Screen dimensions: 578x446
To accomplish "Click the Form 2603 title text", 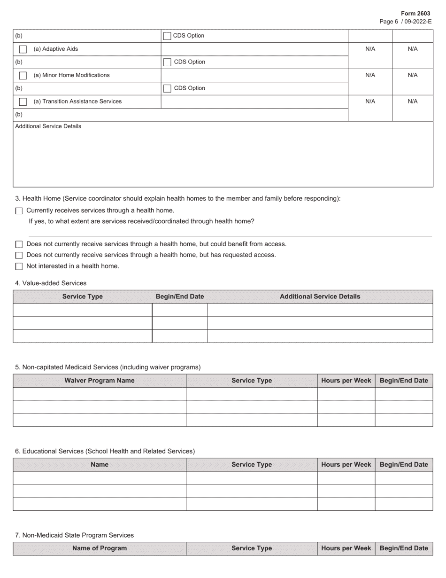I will [415, 14].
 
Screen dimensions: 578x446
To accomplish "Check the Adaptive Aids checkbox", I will [23, 49].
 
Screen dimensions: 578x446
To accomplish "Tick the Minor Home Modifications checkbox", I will [23, 76].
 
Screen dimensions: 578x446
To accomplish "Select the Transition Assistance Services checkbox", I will [23, 102].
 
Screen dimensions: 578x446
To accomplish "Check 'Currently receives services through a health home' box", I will [19, 211].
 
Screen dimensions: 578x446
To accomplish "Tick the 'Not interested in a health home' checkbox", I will [19, 266].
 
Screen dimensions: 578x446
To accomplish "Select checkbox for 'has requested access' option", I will [19, 255].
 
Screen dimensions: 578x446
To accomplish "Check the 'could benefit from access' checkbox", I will [19, 244].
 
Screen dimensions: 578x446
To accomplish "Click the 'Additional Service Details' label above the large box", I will [48, 126].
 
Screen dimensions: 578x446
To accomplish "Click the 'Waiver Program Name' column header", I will [100, 381].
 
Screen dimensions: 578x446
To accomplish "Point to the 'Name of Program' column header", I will [100, 548].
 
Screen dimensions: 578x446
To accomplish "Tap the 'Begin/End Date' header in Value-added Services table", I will [180, 297].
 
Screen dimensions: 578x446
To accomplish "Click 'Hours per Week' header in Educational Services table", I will [346, 465].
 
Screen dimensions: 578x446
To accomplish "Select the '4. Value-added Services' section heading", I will [51, 283].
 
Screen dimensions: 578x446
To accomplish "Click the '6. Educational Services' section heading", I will [105, 452].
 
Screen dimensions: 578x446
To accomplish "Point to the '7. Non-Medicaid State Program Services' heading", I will [74, 535].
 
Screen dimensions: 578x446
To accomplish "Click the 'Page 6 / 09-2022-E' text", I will [405, 22].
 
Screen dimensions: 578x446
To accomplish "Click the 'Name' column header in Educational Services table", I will [100, 465].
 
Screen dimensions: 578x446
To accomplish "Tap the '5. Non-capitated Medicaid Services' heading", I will [108, 367].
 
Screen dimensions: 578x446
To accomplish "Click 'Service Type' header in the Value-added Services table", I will [83, 297].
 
